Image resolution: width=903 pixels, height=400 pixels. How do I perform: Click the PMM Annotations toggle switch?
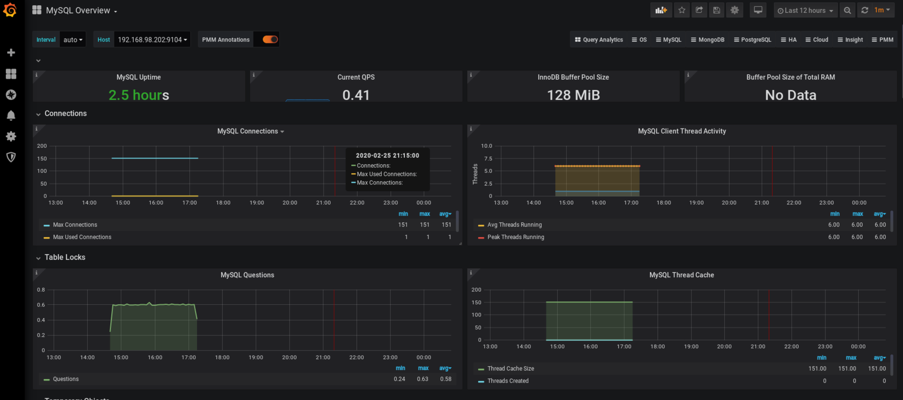[x=270, y=39]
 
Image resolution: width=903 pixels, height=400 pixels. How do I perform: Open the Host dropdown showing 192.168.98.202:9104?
[x=152, y=39]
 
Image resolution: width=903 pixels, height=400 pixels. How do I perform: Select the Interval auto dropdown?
[x=73, y=39]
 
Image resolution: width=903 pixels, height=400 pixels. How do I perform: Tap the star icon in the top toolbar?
[x=682, y=10]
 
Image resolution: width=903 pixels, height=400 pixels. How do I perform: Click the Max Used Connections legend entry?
[x=82, y=237]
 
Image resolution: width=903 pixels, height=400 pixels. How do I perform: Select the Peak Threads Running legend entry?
[x=515, y=237]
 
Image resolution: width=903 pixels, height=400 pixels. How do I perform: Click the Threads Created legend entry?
[x=508, y=381]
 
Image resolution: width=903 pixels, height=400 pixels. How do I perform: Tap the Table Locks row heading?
[x=65, y=257]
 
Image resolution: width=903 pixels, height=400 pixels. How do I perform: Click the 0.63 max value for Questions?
[x=422, y=379]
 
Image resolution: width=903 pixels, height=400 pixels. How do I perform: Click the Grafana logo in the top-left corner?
[x=10, y=10]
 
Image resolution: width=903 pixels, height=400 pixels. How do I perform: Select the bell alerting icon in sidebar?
[x=11, y=115]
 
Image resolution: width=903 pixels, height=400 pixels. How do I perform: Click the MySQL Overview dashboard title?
[x=78, y=10]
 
